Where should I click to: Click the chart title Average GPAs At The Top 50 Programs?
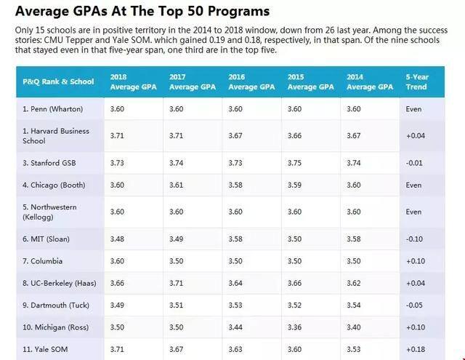142,12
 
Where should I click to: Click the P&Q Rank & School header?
58,81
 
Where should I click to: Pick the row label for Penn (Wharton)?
52,109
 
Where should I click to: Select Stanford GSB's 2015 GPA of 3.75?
295,164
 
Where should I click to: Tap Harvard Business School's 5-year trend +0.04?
416,136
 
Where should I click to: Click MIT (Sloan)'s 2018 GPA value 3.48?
118,238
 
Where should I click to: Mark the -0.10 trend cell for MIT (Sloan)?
415,238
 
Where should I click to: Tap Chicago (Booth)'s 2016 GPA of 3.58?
236,185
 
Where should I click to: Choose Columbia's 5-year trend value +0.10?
416,261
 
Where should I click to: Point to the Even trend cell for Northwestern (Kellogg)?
413,212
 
